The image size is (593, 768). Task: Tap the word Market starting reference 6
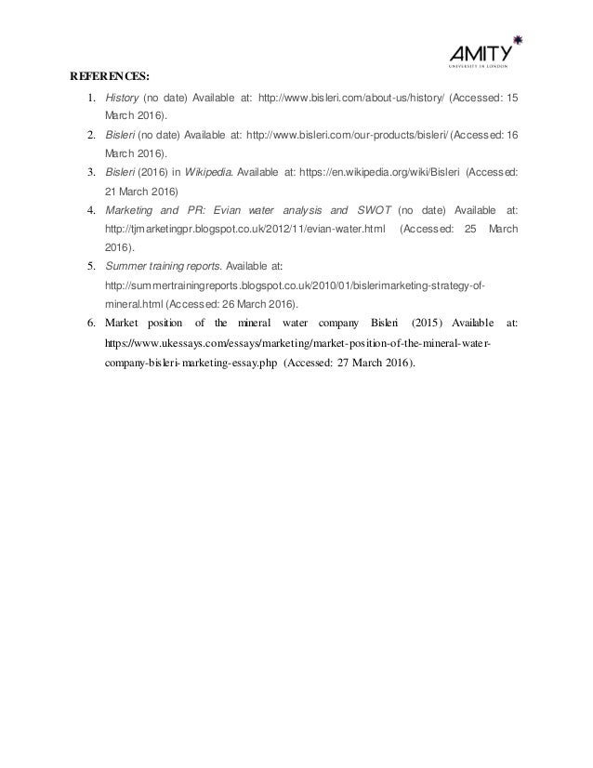tap(121, 323)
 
